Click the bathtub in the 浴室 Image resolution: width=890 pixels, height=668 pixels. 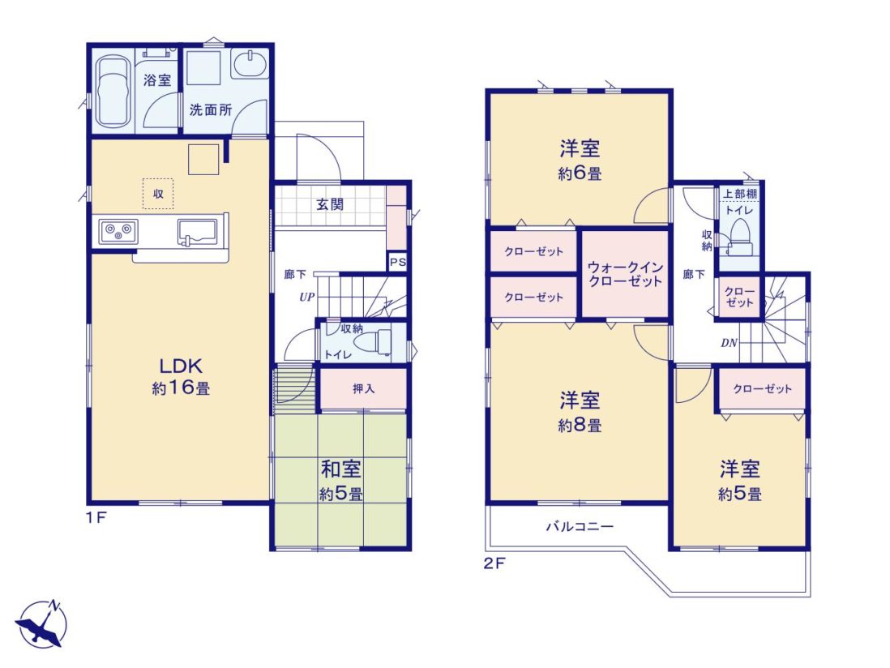pyautogui.click(x=113, y=92)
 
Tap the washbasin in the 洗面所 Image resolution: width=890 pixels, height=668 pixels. pyautogui.click(x=250, y=63)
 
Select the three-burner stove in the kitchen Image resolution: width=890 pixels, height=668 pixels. pyautogui.click(x=118, y=232)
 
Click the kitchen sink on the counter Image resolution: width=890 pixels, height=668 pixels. pyautogui.click(x=198, y=232)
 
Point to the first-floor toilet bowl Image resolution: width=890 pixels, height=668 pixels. pyautogui.click(x=373, y=343)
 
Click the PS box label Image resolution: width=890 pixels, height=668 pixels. pyautogui.click(x=398, y=262)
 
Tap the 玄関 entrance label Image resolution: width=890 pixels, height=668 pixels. pyautogui.click(x=330, y=204)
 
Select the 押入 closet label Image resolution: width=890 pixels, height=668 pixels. pyautogui.click(x=364, y=389)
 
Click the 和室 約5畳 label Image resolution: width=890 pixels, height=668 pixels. pyautogui.click(x=341, y=482)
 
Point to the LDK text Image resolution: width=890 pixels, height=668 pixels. pyautogui.click(x=181, y=365)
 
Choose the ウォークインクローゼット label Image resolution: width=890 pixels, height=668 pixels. pyautogui.click(x=626, y=273)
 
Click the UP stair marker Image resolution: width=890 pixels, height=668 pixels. pyautogui.click(x=307, y=297)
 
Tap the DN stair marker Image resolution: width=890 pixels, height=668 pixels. pyautogui.click(x=730, y=343)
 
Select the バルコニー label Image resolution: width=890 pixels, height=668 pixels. pyautogui.click(x=580, y=527)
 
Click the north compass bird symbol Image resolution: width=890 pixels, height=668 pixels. pyautogui.click(x=41, y=624)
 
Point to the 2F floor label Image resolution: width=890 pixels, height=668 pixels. pyautogui.click(x=494, y=564)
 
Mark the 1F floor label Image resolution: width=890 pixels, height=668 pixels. pyautogui.click(x=96, y=517)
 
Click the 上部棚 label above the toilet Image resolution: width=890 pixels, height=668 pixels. pyautogui.click(x=739, y=194)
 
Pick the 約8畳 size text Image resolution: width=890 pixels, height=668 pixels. pyautogui.click(x=580, y=426)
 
